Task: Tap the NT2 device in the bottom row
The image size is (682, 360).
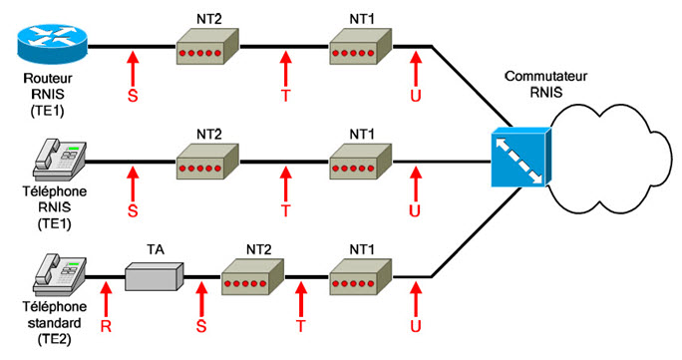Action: [x=252, y=276]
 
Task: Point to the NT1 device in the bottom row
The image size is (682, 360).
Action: [x=361, y=276]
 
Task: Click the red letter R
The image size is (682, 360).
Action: [x=104, y=326]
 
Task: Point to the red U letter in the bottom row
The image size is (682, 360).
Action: [x=416, y=326]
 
